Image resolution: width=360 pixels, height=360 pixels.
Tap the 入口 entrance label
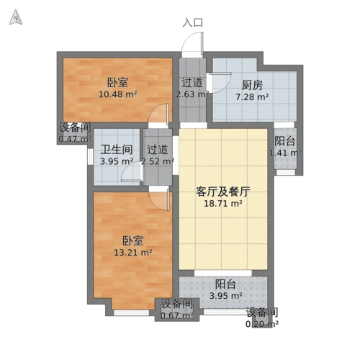point(193,22)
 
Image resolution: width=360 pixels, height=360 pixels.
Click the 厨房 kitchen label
point(251,84)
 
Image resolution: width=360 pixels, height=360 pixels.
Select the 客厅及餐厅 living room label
point(223,192)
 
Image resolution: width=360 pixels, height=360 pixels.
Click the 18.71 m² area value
point(223,204)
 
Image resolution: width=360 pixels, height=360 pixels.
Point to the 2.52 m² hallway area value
point(157,161)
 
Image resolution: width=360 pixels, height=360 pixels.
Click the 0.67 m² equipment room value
point(176,315)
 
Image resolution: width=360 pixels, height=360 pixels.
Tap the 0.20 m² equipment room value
point(262,323)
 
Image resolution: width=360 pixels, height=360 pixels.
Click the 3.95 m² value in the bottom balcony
point(225,295)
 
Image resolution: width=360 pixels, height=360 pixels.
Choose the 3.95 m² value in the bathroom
point(115,161)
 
